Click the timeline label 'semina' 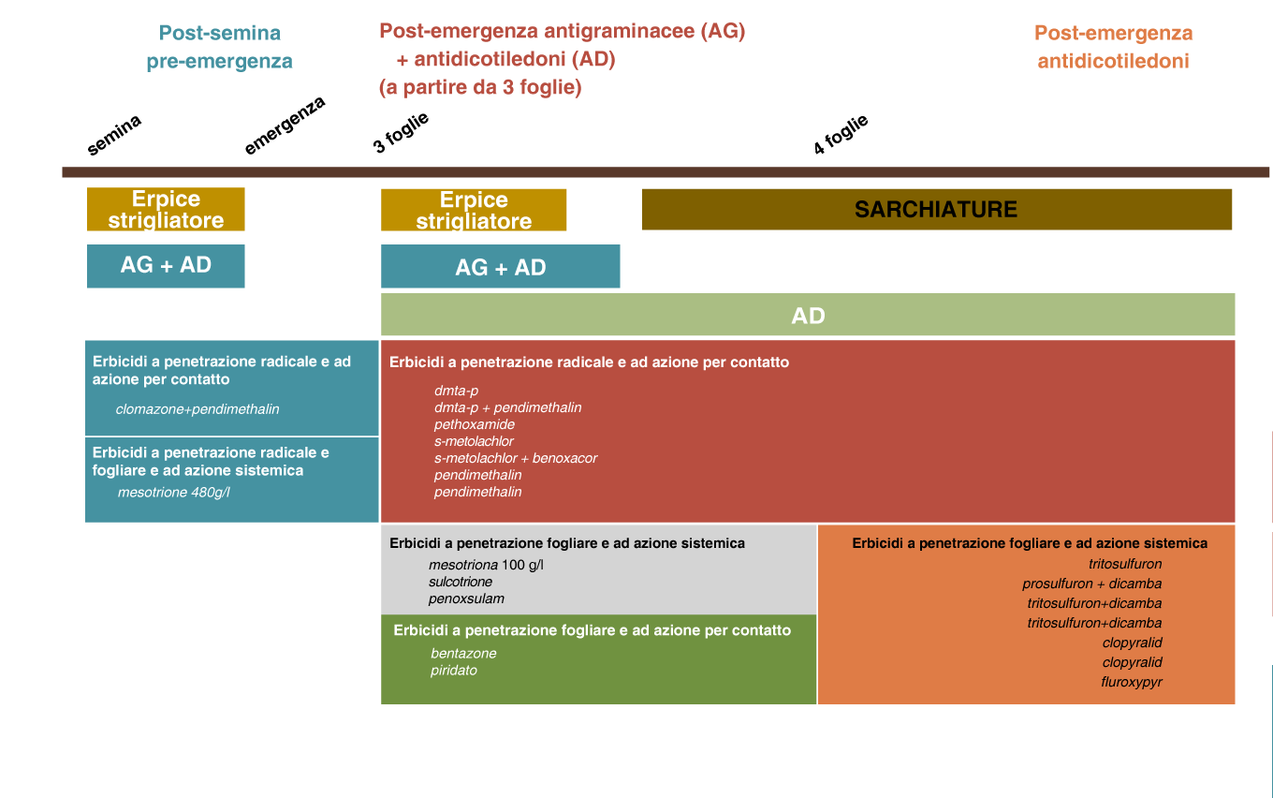click(x=114, y=135)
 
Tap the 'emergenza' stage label click(x=285, y=126)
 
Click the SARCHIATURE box click(x=937, y=209)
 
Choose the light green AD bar click(x=808, y=315)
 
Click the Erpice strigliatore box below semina click(x=166, y=209)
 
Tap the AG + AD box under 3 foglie click(x=500, y=266)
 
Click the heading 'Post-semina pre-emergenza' click(x=219, y=47)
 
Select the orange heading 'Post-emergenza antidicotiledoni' click(x=1113, y=47)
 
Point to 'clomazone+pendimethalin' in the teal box click(x=198, y=409)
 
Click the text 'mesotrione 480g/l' click(x=174, y=492)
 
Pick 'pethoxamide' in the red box click(x=475, y=424)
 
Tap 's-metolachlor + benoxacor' click(x=516, y=458)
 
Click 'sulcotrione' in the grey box click(x=461, y=582)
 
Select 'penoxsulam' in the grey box click(x=466, y=598)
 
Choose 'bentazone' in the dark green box click(x=463, y=653)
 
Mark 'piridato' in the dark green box click(x=453, y=670)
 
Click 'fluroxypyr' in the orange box click(x=1132, y=682)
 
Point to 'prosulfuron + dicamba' click(x=1091, y=584)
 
